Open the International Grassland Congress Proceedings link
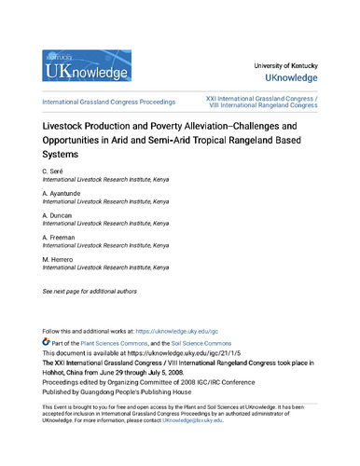[111, 100]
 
